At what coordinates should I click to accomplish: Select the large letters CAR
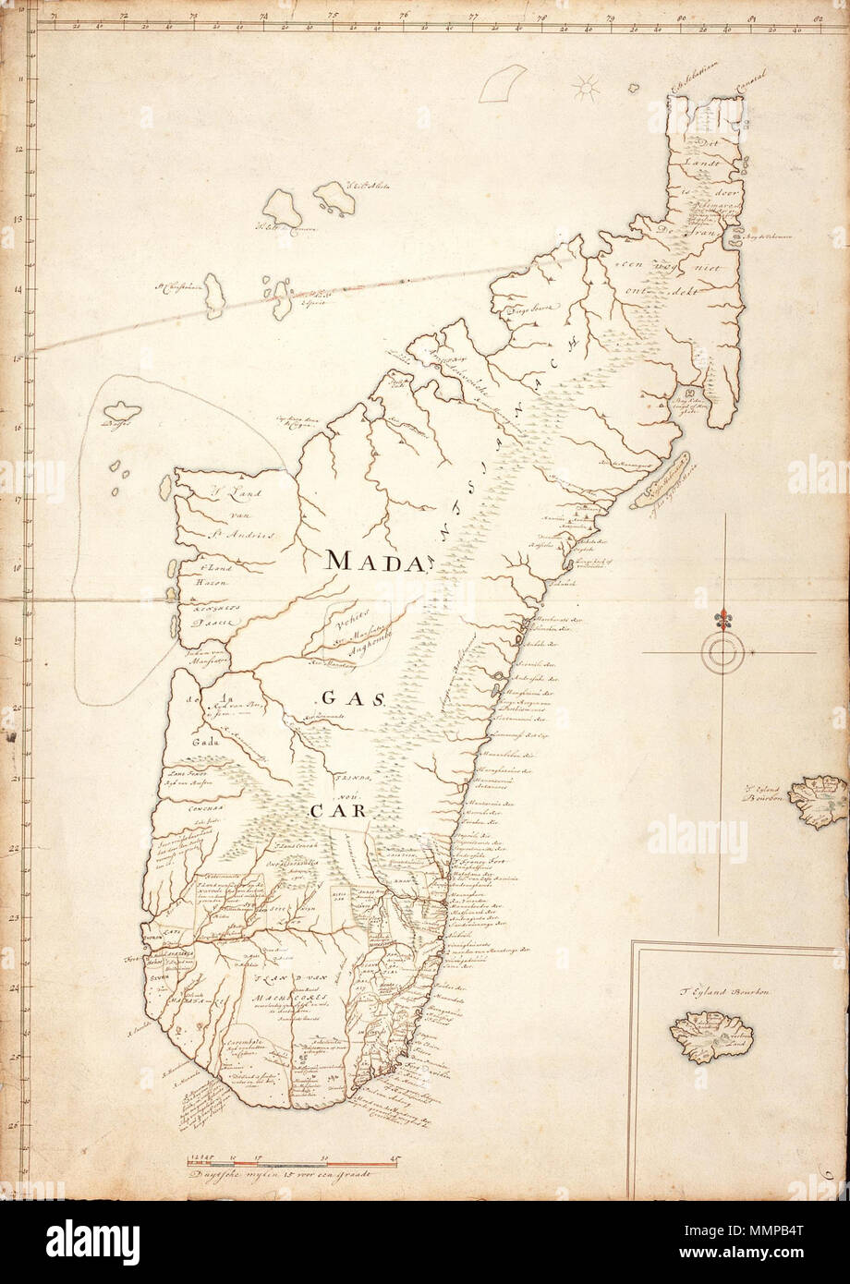tap(333, 812)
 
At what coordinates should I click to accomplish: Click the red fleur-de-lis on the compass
tap(722, 617)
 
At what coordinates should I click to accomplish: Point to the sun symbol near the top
tap(585, 89)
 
